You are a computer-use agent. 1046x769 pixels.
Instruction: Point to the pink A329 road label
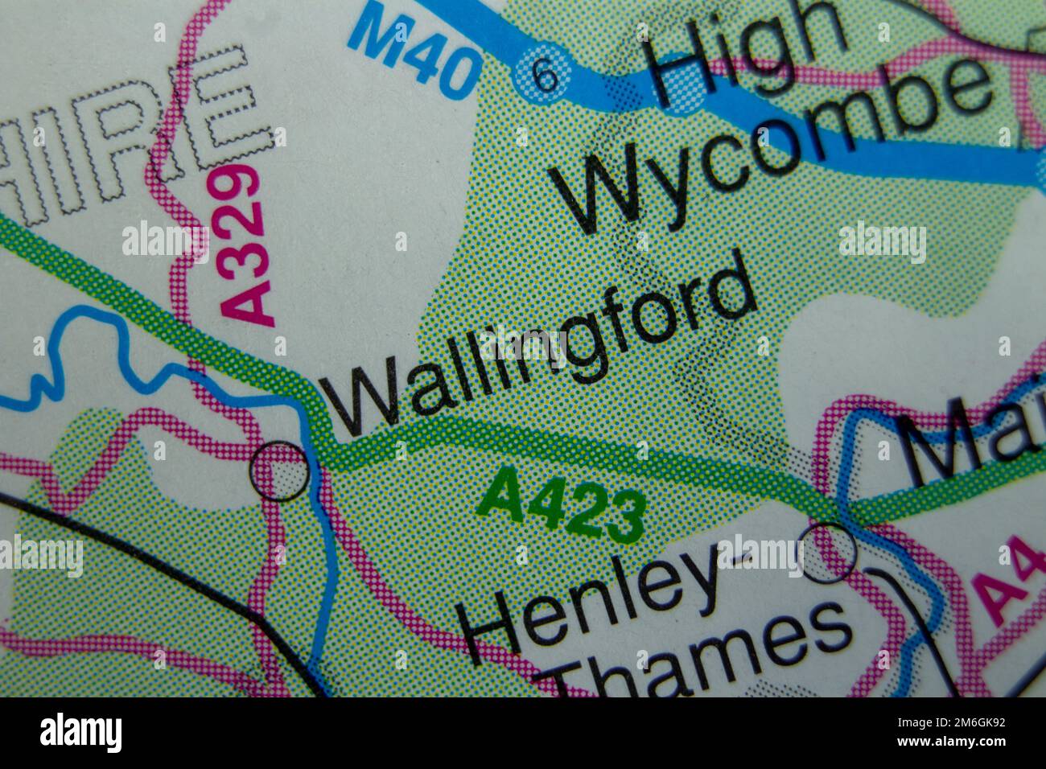tap(243, 245)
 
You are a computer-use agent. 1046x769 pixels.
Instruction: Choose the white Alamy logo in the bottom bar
tap(81, 733)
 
